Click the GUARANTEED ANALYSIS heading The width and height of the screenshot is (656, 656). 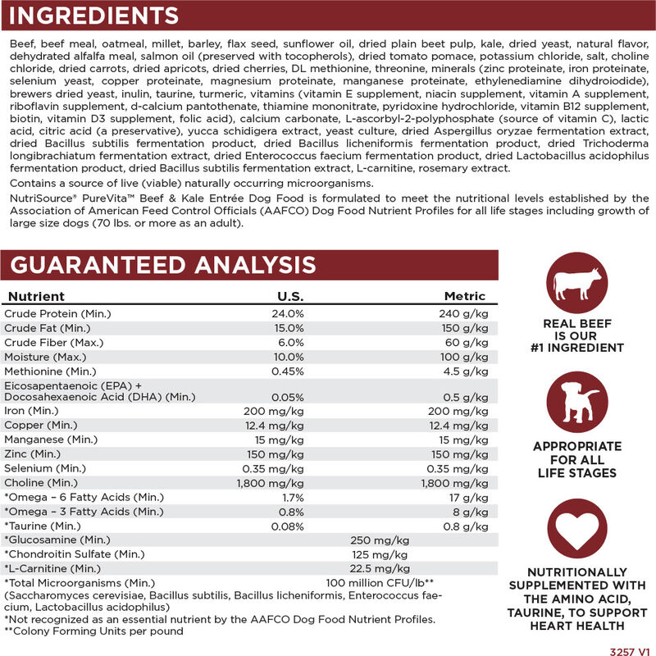(162, 265)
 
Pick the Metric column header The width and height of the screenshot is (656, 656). (465, 296)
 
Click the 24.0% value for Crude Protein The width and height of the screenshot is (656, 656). (288, 313)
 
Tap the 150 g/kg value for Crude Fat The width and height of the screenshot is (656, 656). (465, 328)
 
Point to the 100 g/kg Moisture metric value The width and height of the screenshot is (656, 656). (465, 358)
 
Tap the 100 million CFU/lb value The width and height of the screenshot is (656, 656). (378, 583)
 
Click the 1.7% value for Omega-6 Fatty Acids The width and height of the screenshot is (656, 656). (293, 497)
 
